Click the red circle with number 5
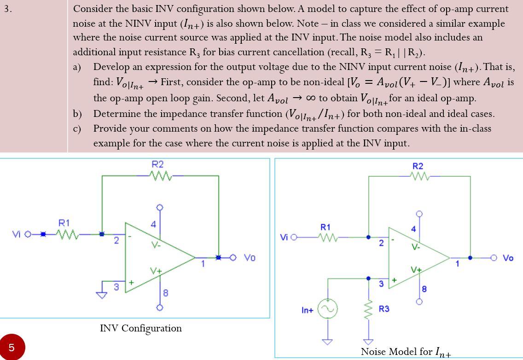(x=12, y=347)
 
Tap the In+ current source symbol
(x=327, y=309)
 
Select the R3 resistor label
(x=384, y=308)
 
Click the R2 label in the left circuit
(x=157, y=164)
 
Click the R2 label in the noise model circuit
(x=418, y=166)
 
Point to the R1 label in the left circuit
(x=64, y=223)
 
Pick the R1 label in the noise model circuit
(x=325, y=227)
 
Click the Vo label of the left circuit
(x=249, y=258)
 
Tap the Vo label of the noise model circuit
(x=508, y=258)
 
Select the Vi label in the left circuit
(x=17, y=234)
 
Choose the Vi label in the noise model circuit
(x=284, y=237)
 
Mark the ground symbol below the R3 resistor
(x=368, y=342)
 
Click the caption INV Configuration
(x=141, y=328)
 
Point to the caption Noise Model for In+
(x=406, y=352)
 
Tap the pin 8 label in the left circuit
(x=166, y=293)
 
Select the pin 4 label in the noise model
(x=413, y=229)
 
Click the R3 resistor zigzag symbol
(x=368, y=309)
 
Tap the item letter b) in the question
(x=77, y=114)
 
